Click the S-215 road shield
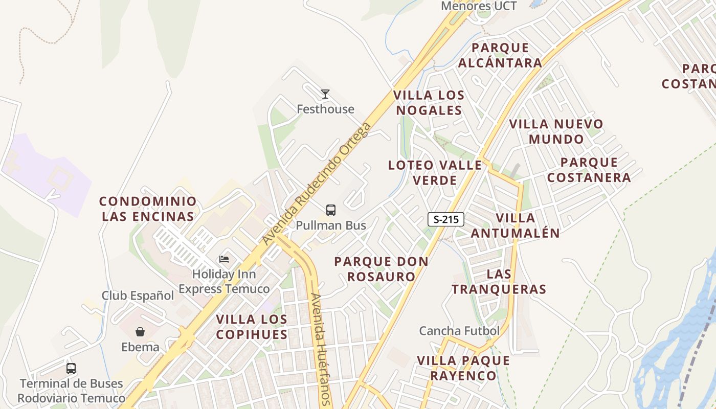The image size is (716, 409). [x=446, y=219]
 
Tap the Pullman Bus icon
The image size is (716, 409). [x=331, y=210]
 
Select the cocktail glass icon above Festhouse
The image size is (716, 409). [x=325, y=94]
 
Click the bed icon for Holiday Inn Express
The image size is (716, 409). [x=224, y=259]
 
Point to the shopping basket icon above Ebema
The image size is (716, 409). [x=140, y=332]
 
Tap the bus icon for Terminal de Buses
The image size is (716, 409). [x=71, y=368]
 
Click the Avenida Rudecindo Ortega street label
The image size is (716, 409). [x=316, y=184]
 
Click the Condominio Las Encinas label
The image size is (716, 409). [x=148, y=209]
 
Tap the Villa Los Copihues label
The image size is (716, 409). [x=252, y=327]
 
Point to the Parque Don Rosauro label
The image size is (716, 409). [x=382, y=269]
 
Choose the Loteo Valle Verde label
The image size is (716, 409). [x=435, y=173]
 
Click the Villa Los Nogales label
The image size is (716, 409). [x=429, y=103]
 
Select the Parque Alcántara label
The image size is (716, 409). [x=500, y=55]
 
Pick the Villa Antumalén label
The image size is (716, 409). [x=516, y=225]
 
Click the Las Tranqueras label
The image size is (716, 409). [x=499, y=281]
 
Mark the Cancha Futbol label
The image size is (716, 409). [x=459, y=331]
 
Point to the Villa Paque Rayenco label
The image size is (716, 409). [x=463, y=368]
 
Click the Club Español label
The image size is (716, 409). [x=138, y=296]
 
